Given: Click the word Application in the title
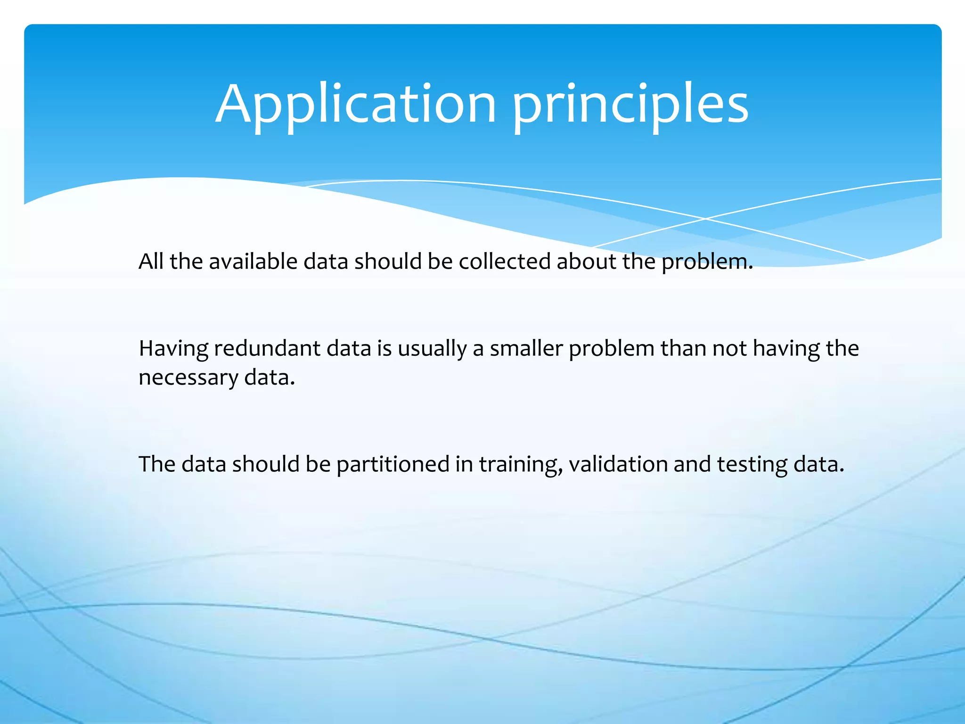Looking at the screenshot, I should [x=356, y=105].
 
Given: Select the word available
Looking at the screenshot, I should [x=253, y=261].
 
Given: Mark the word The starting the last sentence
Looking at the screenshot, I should [x=157, y=464].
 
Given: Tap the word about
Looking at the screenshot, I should [x=586, y=261].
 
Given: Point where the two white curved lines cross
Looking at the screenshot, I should [x=705, y=219].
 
